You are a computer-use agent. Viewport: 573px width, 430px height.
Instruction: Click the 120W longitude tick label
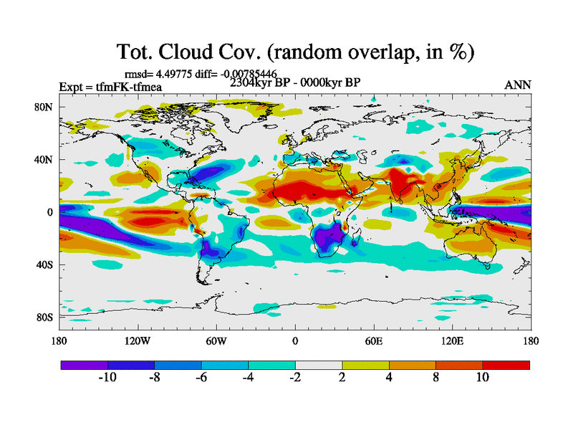pyautogui.click(x=138, y=341)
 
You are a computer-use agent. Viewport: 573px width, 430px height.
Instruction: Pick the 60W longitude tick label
pyautogui.click(x=216, y=341)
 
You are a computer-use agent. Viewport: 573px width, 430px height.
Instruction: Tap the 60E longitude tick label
pyautogui.click(x=373, y=341)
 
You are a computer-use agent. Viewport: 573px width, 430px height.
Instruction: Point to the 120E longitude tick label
pyautogui.click(x=452, y=341)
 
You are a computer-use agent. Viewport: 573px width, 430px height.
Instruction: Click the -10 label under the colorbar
pyautogui.click(x=107, y=378)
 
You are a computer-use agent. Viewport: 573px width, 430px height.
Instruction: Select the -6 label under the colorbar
pyautogui.click(x=201, y=378)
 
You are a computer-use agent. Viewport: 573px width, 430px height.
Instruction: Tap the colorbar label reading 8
pyautogui.click(x=435, y=378)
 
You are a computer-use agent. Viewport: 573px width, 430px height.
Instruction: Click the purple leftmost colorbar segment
pyautogui.click(x=84, y=365)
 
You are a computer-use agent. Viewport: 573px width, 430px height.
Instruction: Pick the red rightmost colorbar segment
pyautogui.click(x=506, y=365)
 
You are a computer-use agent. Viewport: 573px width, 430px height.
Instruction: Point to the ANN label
pyautogui.click(x=518, y=85)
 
